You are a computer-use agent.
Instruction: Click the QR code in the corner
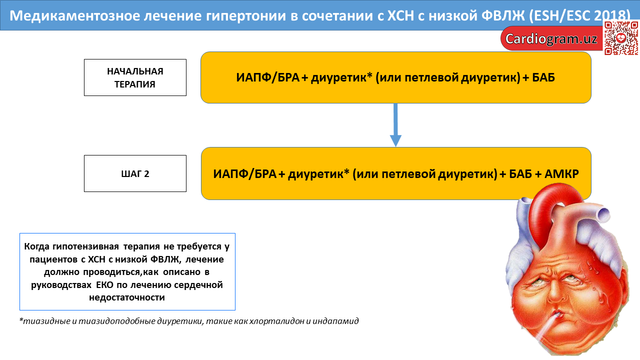[621, 38]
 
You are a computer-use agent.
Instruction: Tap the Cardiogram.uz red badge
[551, 38]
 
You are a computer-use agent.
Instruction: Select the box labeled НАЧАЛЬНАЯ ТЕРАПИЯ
[135, 77]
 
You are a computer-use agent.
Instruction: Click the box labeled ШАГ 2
[135, 173]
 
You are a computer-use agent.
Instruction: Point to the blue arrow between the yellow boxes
[395, 125]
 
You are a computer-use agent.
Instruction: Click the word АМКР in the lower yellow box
[561, 173]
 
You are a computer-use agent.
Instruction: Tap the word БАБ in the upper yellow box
[543, 77]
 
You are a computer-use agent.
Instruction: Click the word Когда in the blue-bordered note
[37, 246]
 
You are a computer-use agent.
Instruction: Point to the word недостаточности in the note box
[127, 297]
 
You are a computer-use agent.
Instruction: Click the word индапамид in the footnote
[335, 321]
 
